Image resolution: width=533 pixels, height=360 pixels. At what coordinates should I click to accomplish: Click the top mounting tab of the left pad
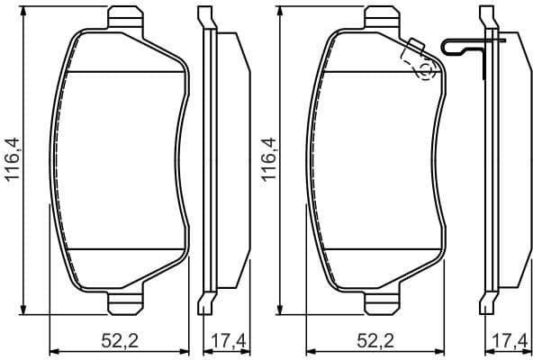(126, 17)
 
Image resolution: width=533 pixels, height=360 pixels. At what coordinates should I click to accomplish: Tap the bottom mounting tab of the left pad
(126, 304)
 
